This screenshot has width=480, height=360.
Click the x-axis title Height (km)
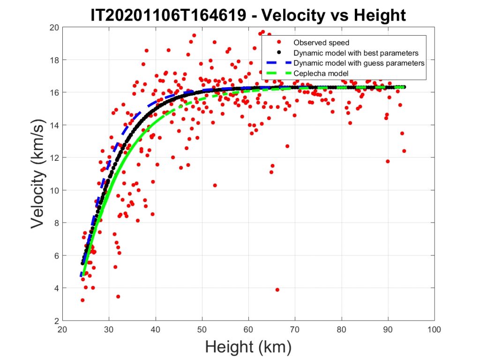[248, 347]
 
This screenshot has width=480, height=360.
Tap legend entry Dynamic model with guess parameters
[359, 63]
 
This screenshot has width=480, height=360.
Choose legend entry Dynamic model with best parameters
[356, 52]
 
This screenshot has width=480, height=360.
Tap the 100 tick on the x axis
[434, 330]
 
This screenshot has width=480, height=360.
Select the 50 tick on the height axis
[202, 330]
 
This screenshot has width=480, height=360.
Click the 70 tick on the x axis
[295, 330]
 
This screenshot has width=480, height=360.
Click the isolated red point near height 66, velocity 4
[277, 290]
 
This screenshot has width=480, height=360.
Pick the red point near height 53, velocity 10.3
[215, 185]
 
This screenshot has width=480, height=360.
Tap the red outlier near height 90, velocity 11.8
[388, 161]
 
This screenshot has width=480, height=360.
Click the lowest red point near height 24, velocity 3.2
[82, 300]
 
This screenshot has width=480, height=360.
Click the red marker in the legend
[279, 43]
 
